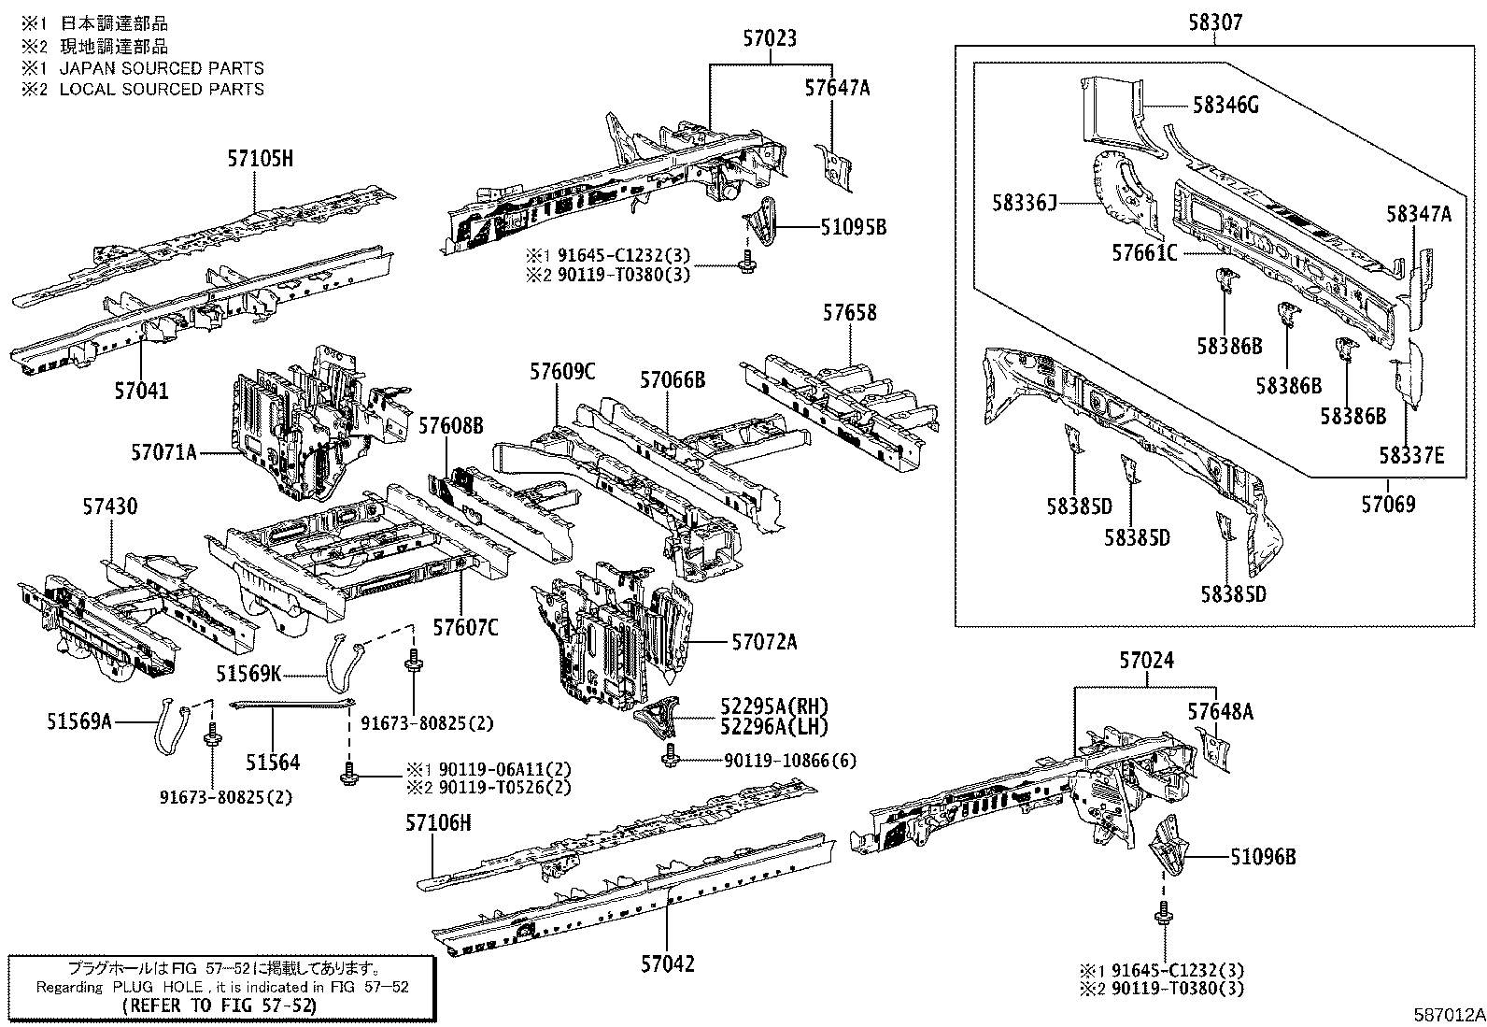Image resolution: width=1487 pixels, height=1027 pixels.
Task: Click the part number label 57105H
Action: pyautogui.click(x=260, y=159)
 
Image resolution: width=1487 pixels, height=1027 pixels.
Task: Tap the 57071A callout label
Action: pyautogui.click(x=163, y=453)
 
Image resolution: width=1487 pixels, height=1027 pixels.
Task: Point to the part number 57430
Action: pyautogui.click(x=109, y=506)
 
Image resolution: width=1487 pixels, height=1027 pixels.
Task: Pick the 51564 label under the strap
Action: pyautogui.click(x=273, y=763)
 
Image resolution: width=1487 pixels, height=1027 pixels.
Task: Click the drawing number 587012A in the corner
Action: pyautogui.click(x=1448, y=1015)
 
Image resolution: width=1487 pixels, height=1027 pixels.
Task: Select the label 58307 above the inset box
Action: pyautogui.click(x=1215, y=22)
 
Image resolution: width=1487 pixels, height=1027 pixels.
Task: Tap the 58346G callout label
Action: pyautogui.click(x=1225, y=106)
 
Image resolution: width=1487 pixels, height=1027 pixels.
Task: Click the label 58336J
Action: pyautogui.click(x=1025, y=202)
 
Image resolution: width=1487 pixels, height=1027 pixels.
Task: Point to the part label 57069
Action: pyautogui.click(x=1387, y=505)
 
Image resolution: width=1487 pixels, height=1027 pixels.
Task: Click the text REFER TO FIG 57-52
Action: pyautogui.click(x=220, y=1006)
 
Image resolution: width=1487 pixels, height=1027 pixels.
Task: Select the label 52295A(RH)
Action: pyautogui.click(x=773, y=706)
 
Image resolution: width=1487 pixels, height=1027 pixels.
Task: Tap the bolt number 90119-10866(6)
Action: pyautogui.click(x=789, y=761)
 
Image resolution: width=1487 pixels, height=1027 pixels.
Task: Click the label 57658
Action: pyautogui.click(x=849, y=313)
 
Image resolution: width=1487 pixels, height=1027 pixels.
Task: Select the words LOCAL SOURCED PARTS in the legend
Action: pyautogui.click(x=162, y=89)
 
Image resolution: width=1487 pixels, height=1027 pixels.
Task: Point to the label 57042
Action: pyautogui.click(x=667, y=963)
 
